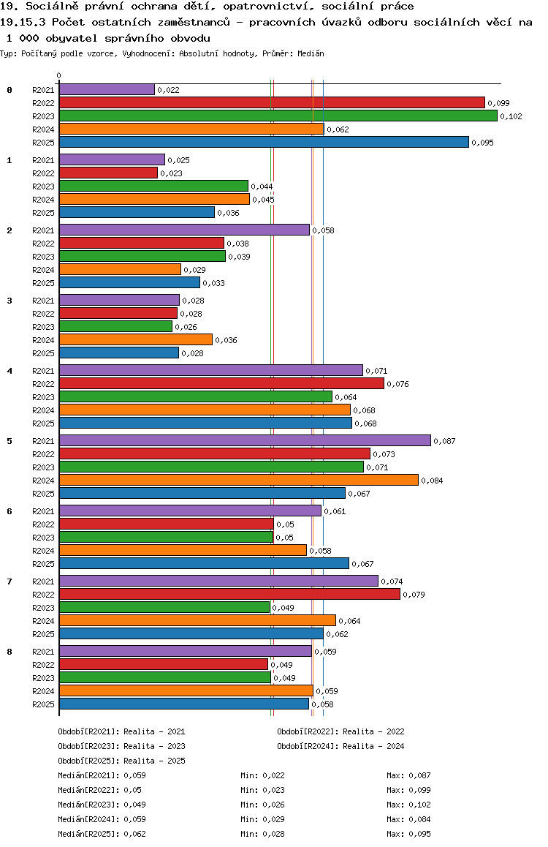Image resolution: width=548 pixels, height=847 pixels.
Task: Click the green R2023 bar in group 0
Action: pyautogui.click(x=278, y=116)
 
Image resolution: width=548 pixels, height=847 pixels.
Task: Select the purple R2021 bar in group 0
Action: pyautogui.click(x=107, y=89)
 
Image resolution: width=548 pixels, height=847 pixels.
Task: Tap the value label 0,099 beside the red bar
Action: pyautogui.click(x=498, y=103)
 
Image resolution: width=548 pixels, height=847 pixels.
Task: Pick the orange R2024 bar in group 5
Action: pyautogui.click(x=238, y=480)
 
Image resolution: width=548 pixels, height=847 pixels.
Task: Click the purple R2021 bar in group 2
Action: pyautogui.click(x=184, y=230)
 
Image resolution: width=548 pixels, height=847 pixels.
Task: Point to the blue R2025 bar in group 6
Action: pyautogui.click(x=204, y=563)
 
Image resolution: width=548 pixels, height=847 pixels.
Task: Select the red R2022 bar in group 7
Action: pyautogui.click(x=229, y=594)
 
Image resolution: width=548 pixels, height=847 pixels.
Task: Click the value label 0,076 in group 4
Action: pyautogui.click(x=397, y=384)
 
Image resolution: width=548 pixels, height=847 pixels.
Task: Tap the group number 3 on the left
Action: pyautogui.click(x=9, y=300)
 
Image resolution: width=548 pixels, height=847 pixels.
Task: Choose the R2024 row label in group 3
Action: pyautogui.click(x=44, y=340)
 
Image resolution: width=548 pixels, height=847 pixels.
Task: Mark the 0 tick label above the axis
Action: pyautogui.click(x=59, y=75)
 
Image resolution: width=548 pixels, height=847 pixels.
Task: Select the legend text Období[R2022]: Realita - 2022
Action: pyautogui.click(x=340, y=731)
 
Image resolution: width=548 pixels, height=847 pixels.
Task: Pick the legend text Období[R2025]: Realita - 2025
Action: pyautogui.click(x=121, y=761)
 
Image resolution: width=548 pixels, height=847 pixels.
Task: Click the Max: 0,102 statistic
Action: pyautogui.click(x=408, y=805)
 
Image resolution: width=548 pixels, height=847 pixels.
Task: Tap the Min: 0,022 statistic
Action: pyautogui.click(x=262, y=775)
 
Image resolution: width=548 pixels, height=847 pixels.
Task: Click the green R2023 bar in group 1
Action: pyautogui.click(x=153, y=186)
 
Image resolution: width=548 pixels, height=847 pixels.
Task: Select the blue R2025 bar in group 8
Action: pyautogui.click(x=184, y=704)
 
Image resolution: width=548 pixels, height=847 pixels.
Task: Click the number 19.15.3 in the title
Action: pyautogui.click(x=24, y=22)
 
